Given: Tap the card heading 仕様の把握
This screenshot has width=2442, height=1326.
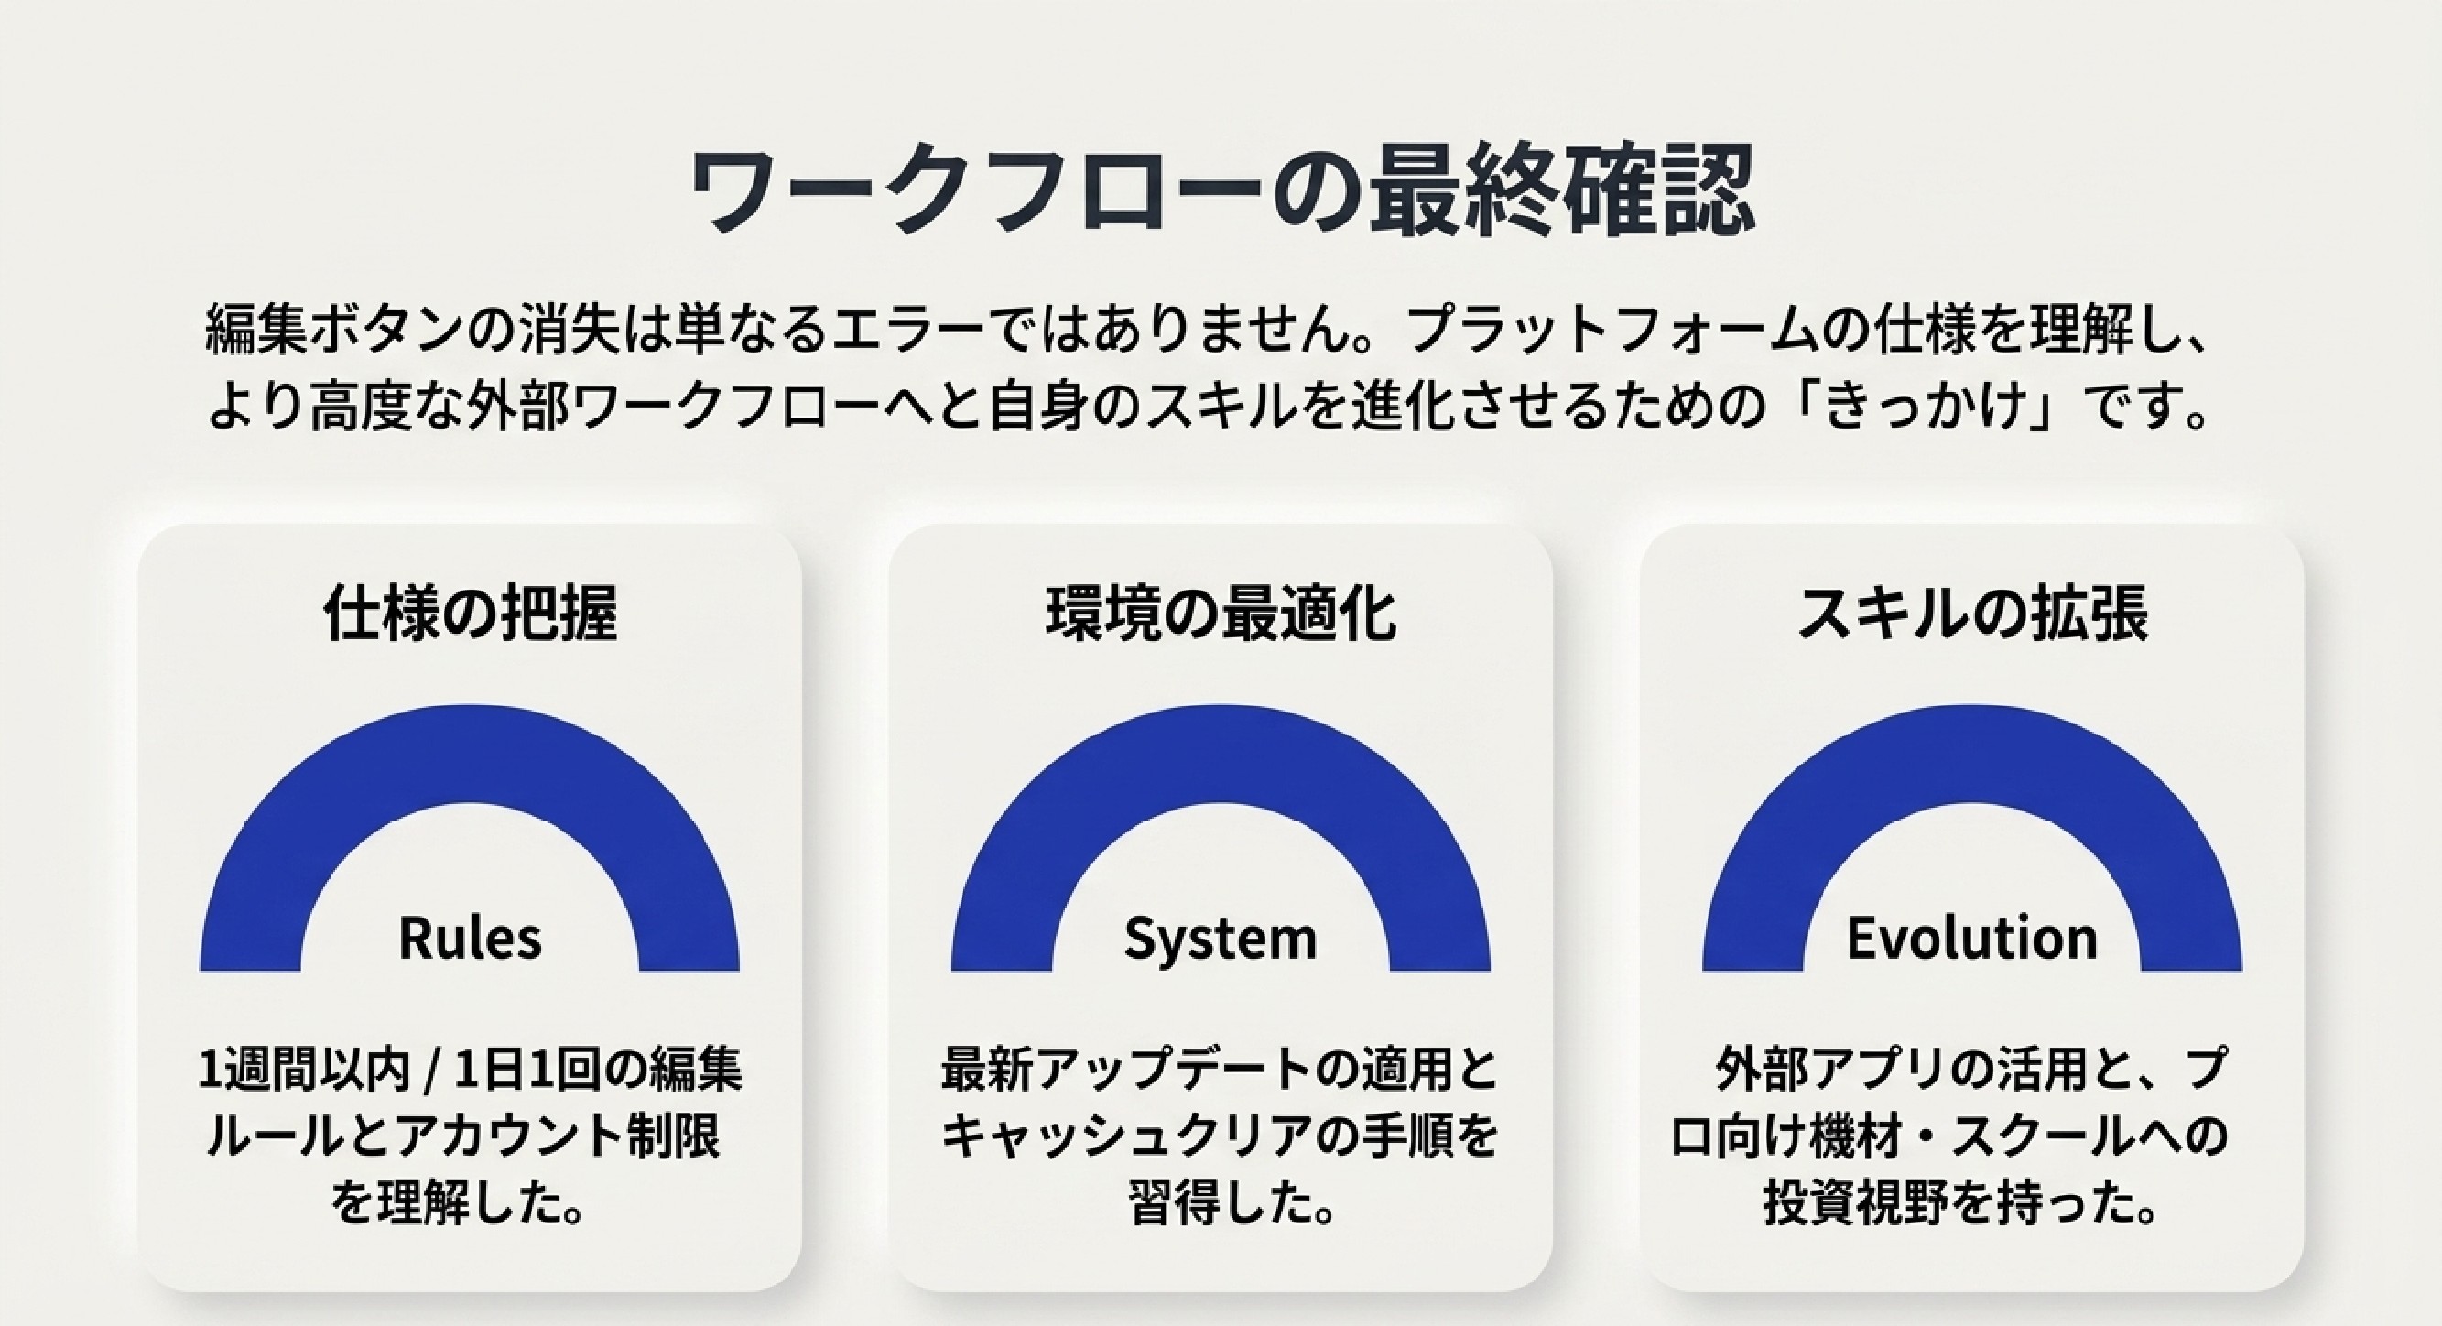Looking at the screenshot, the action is [x=471, y=614].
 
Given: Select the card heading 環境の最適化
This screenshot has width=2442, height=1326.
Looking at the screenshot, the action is [x=1221, y=614].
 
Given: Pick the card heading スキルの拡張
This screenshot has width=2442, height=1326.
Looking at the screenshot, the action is [x=1973, y=614].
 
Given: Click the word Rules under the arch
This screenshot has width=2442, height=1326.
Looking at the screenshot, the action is [x=471, y=938].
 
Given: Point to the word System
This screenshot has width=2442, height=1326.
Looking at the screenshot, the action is [x=1221, y=940].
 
